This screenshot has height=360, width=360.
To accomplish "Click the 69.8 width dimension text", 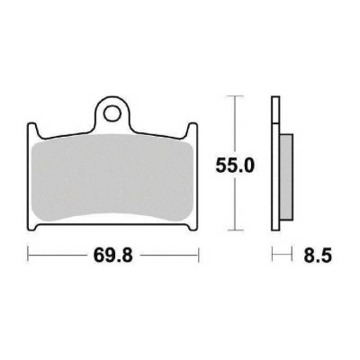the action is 112,256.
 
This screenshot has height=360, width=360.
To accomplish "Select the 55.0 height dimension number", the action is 235,166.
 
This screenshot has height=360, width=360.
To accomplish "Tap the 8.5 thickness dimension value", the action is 318,256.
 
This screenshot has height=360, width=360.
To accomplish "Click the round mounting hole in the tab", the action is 112,113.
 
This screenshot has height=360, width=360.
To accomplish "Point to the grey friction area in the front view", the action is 112,177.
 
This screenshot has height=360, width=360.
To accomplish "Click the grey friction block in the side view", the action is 286,177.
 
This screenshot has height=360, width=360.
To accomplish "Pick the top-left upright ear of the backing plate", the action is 32,130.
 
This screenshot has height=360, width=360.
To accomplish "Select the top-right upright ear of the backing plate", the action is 193,130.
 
